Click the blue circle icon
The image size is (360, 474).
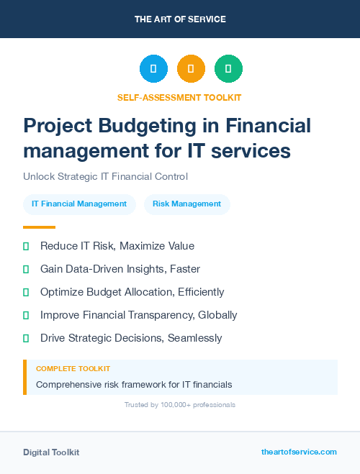coord(153,69)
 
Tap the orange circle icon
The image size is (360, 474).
coord(191,69)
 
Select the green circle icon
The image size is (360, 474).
coord(228,69)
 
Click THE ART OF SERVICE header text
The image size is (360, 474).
coord(180,19)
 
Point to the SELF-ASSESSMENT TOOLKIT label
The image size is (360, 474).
coord(180,97)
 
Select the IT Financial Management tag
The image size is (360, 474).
coord(79,204)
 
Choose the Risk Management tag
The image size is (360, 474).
coord(187,204)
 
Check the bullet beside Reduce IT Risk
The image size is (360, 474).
coord(26,246)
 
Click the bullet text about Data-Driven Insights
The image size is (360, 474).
coord(120,269)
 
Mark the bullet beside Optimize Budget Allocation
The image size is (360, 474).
coord(26,292)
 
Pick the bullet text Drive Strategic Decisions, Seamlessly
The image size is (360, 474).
coord(131,338)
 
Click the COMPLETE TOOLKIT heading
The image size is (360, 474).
coord(73,368)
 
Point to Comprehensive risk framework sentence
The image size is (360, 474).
coord(134,385)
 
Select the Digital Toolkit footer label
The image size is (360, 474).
coord(51,452)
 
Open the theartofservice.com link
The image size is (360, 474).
coord(299,452)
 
